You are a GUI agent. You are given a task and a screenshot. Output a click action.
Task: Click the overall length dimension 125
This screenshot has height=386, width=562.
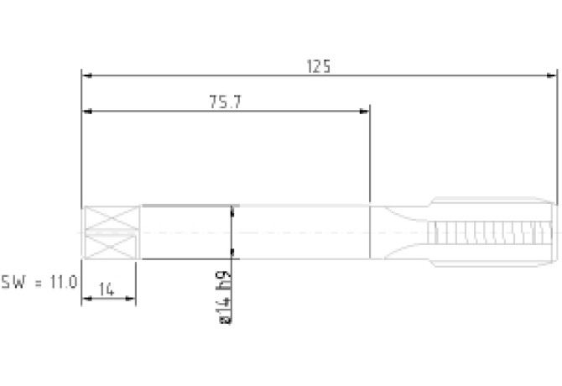319,66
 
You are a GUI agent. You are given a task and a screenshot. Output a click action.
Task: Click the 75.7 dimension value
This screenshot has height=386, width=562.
226,102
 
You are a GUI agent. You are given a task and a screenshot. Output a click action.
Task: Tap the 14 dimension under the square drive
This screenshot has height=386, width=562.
107,289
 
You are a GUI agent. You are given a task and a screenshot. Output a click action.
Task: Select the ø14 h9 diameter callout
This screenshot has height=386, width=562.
225,298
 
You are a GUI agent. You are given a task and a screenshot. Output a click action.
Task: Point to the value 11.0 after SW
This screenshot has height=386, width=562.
64,282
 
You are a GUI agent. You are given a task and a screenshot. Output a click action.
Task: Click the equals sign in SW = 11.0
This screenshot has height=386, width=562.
39,283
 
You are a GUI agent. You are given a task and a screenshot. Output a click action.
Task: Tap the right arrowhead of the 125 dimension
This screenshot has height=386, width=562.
552,76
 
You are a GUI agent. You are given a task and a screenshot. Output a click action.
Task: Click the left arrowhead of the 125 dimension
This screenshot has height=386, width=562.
86,76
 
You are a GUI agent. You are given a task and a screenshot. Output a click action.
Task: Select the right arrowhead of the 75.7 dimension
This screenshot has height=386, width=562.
364,111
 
